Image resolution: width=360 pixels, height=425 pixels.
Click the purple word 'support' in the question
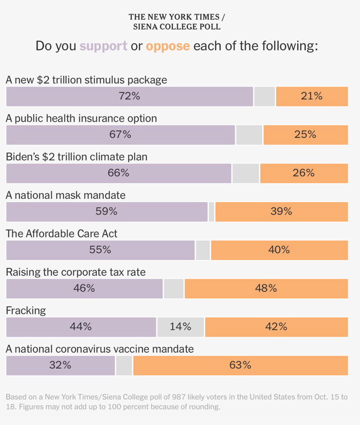[x=103, y=46]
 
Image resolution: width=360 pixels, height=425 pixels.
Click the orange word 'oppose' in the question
[x=168, y=46]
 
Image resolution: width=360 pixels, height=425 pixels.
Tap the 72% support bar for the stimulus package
[x=129, y=96]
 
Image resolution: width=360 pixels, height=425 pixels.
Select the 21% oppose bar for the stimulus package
[x=311, y=96]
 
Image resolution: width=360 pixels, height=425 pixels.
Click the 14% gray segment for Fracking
[x=181, y=327]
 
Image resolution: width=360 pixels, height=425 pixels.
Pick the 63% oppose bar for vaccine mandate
[x=240, y=365]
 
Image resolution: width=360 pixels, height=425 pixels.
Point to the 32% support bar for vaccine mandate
[x=60, y=365]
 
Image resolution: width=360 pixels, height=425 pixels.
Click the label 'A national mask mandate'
[x=66, y=195]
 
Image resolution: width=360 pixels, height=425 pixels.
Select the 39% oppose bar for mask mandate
[x=281, y=212]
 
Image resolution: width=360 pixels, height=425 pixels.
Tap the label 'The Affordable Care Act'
[x=61, y=234]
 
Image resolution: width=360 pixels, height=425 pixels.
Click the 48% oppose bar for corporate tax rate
[x=265, y=288]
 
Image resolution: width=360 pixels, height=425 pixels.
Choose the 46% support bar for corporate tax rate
[x=84, y=288]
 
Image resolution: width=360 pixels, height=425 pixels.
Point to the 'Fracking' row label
[x=26, y=311]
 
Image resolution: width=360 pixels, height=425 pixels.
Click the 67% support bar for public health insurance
[x=120, y=135]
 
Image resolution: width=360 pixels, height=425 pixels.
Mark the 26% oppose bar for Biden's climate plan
[x=303, y=173]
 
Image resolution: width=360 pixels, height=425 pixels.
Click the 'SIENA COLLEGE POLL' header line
[x=176, y=27]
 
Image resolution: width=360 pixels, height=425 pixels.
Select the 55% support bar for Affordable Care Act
[x=100, y=250]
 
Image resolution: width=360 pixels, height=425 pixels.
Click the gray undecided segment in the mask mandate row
[x=212, y=212]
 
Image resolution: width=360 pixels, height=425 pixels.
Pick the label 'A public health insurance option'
[x=81, y=118]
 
